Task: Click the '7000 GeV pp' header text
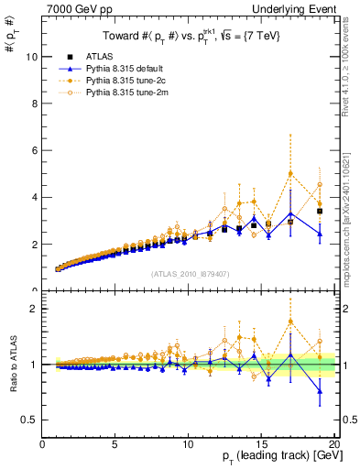click(x=74, y=8)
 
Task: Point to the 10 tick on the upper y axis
click(x=33, y=57)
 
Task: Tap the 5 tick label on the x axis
click(x=115, y=444)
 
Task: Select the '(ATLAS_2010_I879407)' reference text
click(x=189, y=274)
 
